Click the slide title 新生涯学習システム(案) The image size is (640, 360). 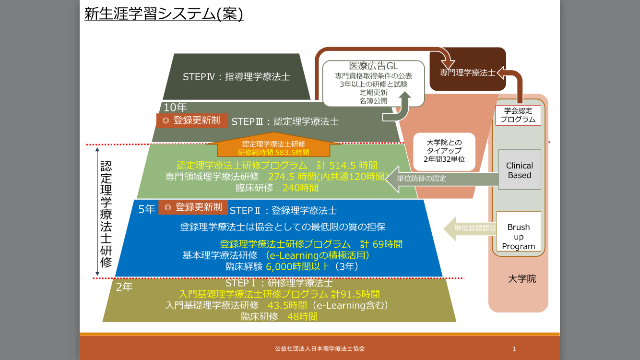coord(164,13)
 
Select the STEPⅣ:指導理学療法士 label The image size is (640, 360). coord(236,77)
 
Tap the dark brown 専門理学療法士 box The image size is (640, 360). coord(468,72)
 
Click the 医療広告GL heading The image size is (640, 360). coord(373,66)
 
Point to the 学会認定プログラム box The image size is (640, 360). coord(518,115)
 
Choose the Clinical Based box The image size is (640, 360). coord(520,170)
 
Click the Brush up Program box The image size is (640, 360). coord(519,236)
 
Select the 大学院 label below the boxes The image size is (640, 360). coord(521,279)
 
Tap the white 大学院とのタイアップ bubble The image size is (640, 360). coord(444,151)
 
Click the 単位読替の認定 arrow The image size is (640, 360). coord(421,178)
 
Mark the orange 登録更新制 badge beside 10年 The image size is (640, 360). coord(191,120)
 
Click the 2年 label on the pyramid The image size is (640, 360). coord(124,287)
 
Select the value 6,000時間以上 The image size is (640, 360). coord(301,266)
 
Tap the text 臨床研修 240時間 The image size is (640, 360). coord(277,188)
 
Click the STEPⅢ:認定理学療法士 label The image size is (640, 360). coord(284,121)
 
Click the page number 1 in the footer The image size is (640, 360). coord(514,349)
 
